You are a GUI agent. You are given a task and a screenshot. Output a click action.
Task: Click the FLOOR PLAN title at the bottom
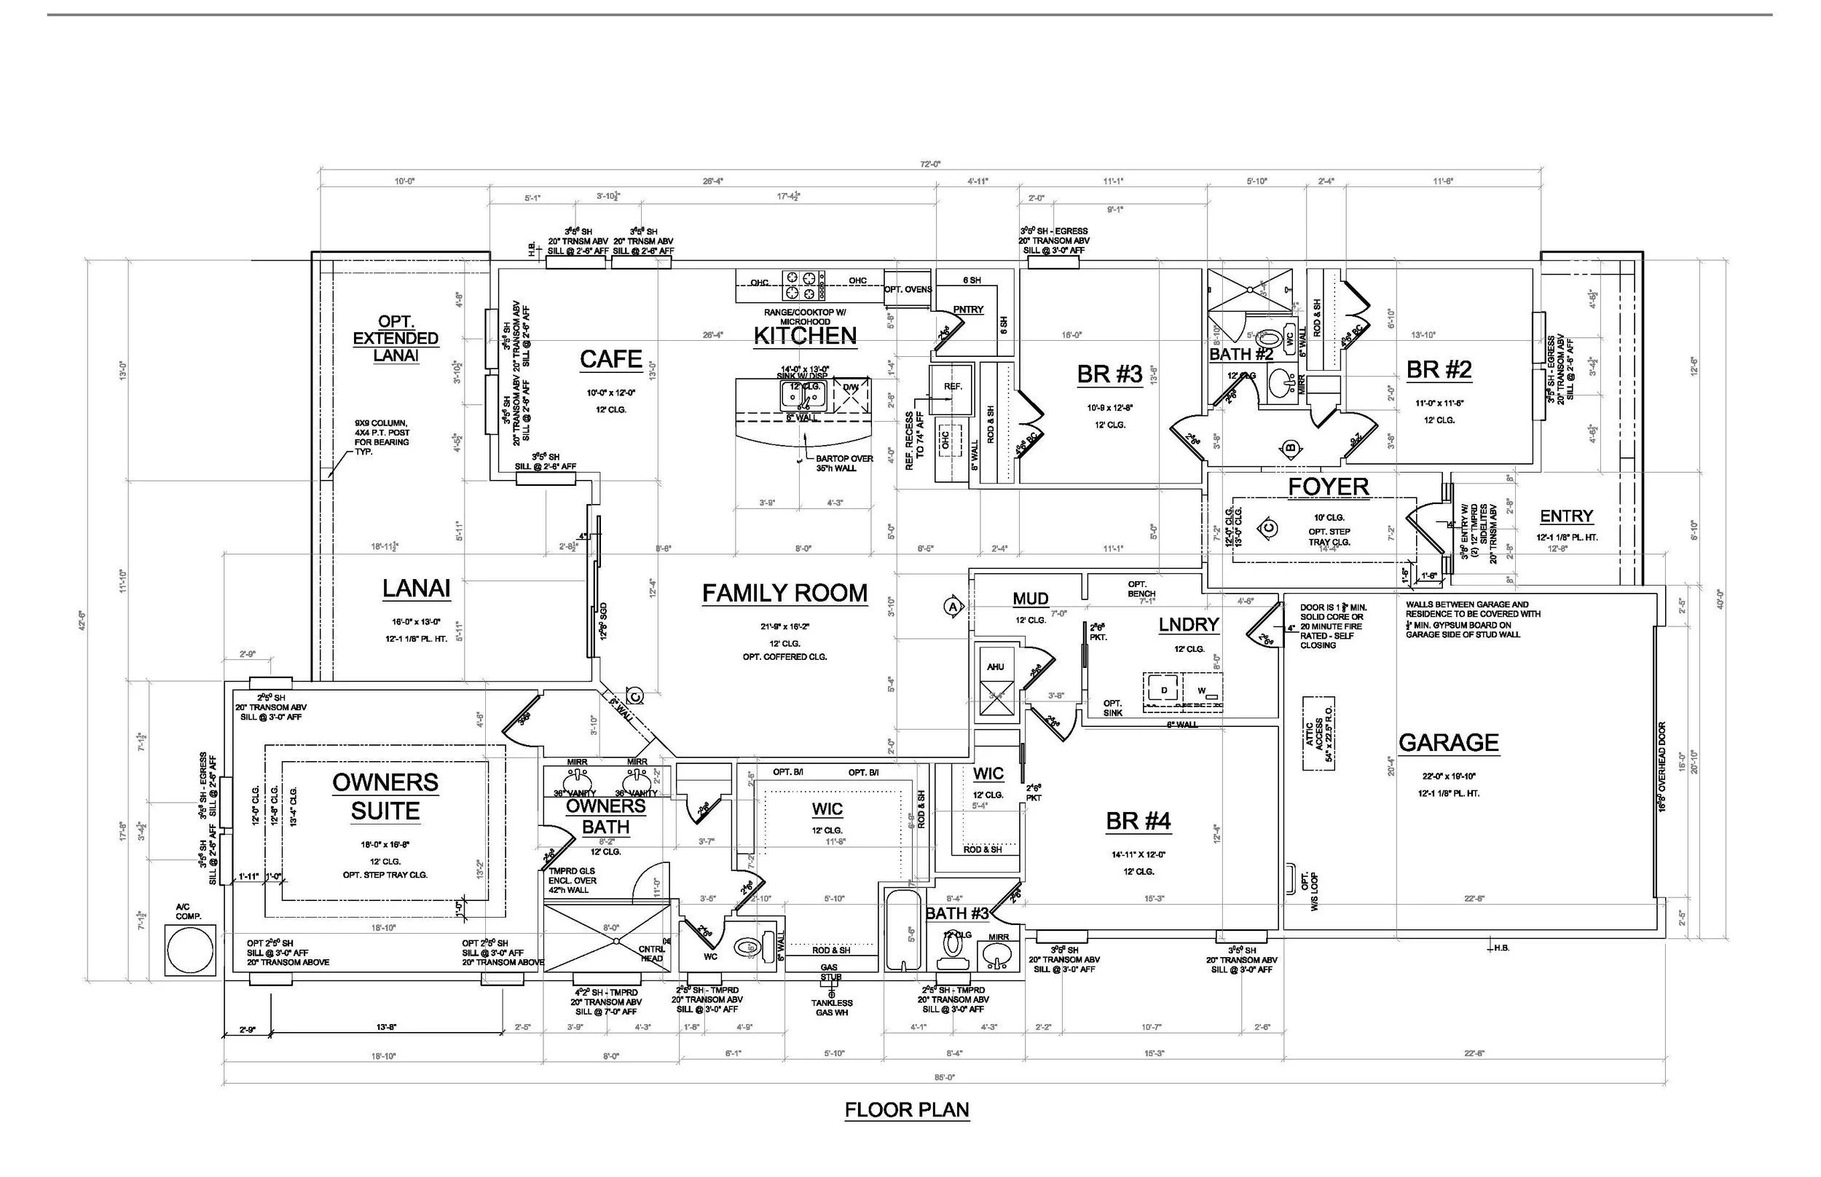coord(906,1110)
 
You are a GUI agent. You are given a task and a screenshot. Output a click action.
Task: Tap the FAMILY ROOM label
coord(784,593)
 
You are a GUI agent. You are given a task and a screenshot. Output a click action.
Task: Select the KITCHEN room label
coord(805,336)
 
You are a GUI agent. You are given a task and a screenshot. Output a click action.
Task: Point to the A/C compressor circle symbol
coord(189,949)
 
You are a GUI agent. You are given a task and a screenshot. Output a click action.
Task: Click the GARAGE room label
coord(1448,742)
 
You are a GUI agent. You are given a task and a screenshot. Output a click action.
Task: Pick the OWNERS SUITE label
coord(385,796)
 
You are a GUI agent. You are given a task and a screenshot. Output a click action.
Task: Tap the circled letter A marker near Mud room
coord(952,606)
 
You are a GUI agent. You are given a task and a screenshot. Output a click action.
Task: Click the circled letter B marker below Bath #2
coord(1291,447)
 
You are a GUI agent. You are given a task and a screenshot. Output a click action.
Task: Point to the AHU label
coord(995,666)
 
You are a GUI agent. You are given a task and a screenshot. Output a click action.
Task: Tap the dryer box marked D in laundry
coord(1164,691)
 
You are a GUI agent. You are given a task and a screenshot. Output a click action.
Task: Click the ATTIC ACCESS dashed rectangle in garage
coord(1319,733)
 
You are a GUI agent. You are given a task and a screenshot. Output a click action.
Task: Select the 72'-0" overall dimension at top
coord(930,164)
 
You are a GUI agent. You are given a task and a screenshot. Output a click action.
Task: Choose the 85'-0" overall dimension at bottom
coord(945,1077)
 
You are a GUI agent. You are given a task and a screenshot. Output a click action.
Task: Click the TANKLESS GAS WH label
coord(831,1007)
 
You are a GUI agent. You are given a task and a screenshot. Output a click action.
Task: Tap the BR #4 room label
coord(1138,821)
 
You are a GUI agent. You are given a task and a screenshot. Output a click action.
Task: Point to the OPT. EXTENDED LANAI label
coord(396,339)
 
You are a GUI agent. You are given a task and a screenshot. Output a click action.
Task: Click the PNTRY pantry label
coord(968,310)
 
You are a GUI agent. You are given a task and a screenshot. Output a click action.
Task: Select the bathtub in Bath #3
coord(902,930)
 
